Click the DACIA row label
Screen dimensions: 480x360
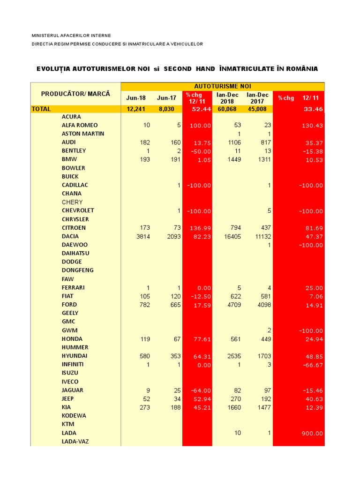(x=70, y=236)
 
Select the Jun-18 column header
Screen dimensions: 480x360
(x=136, y=98)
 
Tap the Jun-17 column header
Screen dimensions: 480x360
(x=166, y=98)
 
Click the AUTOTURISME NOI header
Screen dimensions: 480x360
(x=223, y=86)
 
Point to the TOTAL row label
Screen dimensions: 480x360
(x=41, y=109)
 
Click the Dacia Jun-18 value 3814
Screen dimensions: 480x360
(x=142, y=236)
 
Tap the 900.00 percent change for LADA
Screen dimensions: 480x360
(x=312, y=433)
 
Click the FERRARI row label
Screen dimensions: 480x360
(x=73, y=287)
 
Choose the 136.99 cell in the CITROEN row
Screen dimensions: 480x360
(x=200, y=228)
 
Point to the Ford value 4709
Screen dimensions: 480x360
(x=234, y=305)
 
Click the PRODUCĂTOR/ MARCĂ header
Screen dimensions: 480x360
(x=75, y=94)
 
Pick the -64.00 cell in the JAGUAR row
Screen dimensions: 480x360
(x=200, y=390)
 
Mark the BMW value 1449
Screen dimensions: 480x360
(x=234, y=159)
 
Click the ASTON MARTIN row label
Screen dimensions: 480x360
(x=83, y=134)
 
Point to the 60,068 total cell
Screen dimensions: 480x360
(x=227, y=109)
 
